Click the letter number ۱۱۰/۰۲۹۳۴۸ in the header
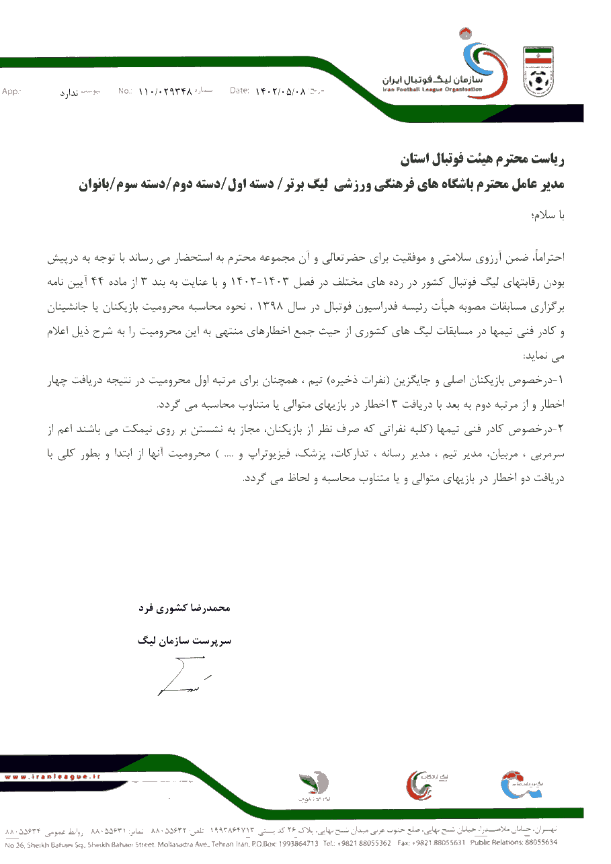(x=165, y=91)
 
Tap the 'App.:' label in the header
(x=11, y=91)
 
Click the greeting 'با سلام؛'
(x=548, y=216)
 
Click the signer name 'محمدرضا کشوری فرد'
(x=185, y=608)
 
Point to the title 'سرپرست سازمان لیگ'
(x=185, y=641)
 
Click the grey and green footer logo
(x=314, y=786)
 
